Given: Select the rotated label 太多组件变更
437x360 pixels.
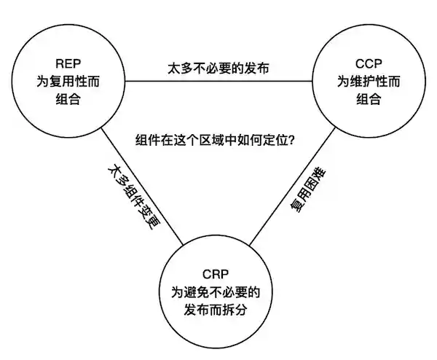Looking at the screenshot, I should [132, 196].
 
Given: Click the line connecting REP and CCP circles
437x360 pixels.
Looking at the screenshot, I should [219, 82].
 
